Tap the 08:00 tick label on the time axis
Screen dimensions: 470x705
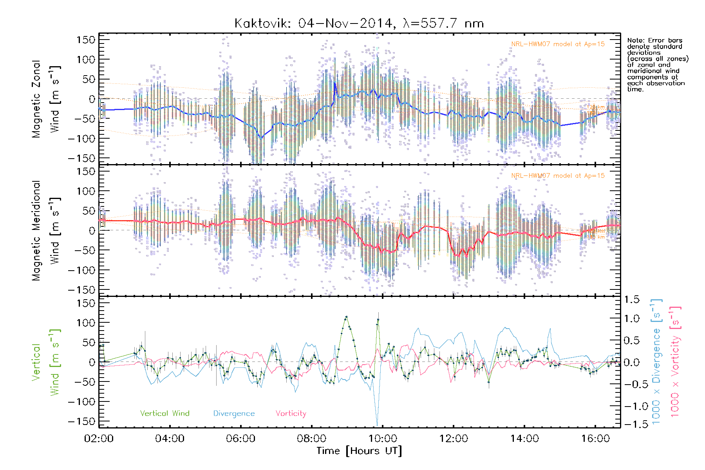click(311, 439)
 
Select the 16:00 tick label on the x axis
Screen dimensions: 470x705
click(595, 439)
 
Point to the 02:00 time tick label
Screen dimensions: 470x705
click(99, 439)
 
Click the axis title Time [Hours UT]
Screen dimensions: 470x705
click(359, 451)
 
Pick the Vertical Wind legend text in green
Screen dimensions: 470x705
click(164, 414)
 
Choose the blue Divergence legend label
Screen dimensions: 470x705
click(234, 414)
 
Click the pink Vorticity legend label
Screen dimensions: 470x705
click(291, 414)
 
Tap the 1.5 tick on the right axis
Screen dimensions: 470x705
click(631, 300)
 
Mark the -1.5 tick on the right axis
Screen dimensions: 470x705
click(631, 424)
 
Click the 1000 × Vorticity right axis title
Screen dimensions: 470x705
click(675, 362)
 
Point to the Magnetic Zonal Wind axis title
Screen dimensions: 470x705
click(46, 99)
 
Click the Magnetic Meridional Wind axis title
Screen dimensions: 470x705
click(46, 231)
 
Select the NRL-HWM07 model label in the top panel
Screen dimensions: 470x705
click(558, 44)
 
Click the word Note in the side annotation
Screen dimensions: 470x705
click(635, 41)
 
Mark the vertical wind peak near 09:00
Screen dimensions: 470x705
click(346, 316)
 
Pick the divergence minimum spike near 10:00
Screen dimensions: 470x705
click(377, 425)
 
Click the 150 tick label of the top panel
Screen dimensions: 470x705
click(86, 40)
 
